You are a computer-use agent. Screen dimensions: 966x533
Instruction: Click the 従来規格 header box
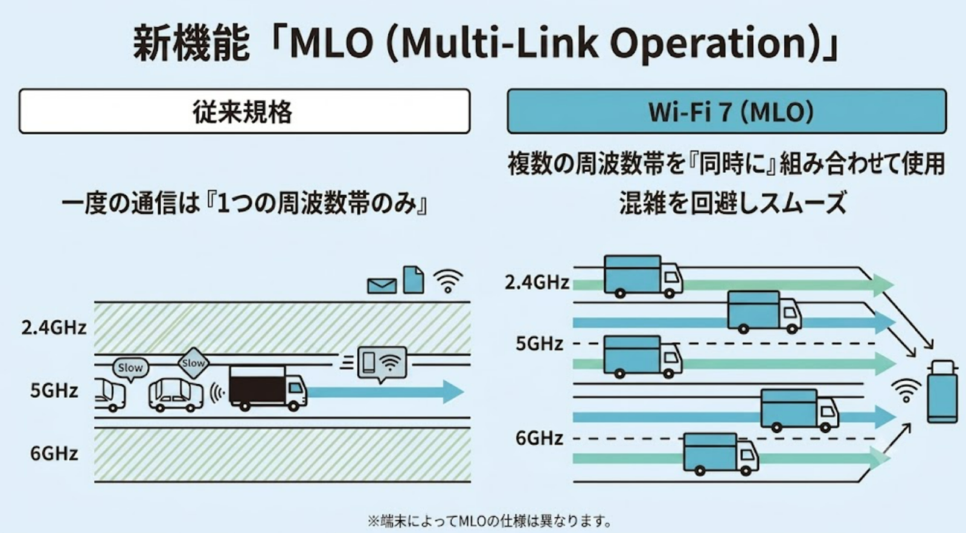pos(245,111)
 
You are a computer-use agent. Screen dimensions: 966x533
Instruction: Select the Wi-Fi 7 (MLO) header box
pos(727,111)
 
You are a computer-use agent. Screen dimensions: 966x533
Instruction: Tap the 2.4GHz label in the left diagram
pos(54,328)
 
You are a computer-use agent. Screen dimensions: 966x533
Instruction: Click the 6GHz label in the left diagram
pos(54,454)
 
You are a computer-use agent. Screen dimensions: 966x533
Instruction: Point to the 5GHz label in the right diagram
pos(540,344)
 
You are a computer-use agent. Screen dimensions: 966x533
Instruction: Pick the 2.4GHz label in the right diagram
pos(537,283)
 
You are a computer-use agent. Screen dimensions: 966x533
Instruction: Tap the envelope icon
pos(382,286)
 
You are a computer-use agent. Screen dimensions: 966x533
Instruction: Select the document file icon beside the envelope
pos(413,280)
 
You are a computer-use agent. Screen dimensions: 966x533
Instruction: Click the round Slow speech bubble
pos(130,369)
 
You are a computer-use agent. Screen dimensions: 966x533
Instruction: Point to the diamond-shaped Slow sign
pos(193,363)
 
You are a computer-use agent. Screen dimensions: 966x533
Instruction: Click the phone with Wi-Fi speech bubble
pos(382,364)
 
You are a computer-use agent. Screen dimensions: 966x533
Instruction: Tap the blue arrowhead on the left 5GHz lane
pos(453,392)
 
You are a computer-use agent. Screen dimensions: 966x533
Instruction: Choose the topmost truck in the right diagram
pos(643,277)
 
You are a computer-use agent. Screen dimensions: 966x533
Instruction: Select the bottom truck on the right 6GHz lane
pos(721,454)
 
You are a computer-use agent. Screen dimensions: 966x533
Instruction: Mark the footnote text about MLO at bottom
pos(490,521)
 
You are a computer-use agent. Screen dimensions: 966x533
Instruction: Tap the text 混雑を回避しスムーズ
pos(733,202)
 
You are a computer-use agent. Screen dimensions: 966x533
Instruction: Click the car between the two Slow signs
pos(176,395)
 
